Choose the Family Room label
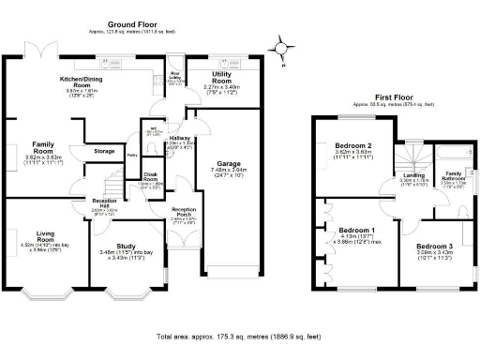(x=37, y=148)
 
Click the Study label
(x=127, y=246)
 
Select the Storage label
(x=104, y=150)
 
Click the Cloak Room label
(x=150, y=175)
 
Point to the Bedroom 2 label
(x=355, y=146)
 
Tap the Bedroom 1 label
(x=356, y=231)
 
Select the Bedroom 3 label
(x=435, y=247)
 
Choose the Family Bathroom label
(x=453, y=175)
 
